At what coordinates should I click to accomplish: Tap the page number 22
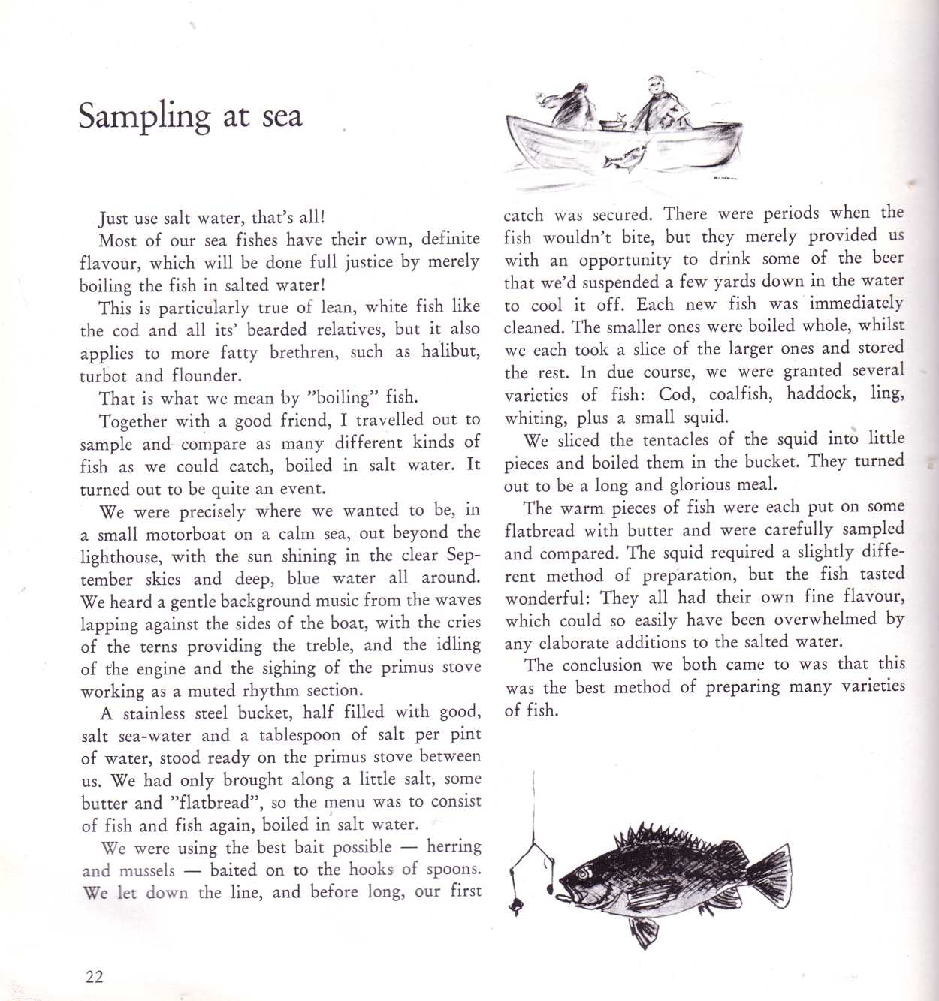[95, 976]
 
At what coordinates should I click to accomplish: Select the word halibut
[450, 351]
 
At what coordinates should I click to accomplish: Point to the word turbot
[104, 375]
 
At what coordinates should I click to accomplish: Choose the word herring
[454, 846]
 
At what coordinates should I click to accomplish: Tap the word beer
[888, 257]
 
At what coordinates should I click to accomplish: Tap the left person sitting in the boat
[571, 107]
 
